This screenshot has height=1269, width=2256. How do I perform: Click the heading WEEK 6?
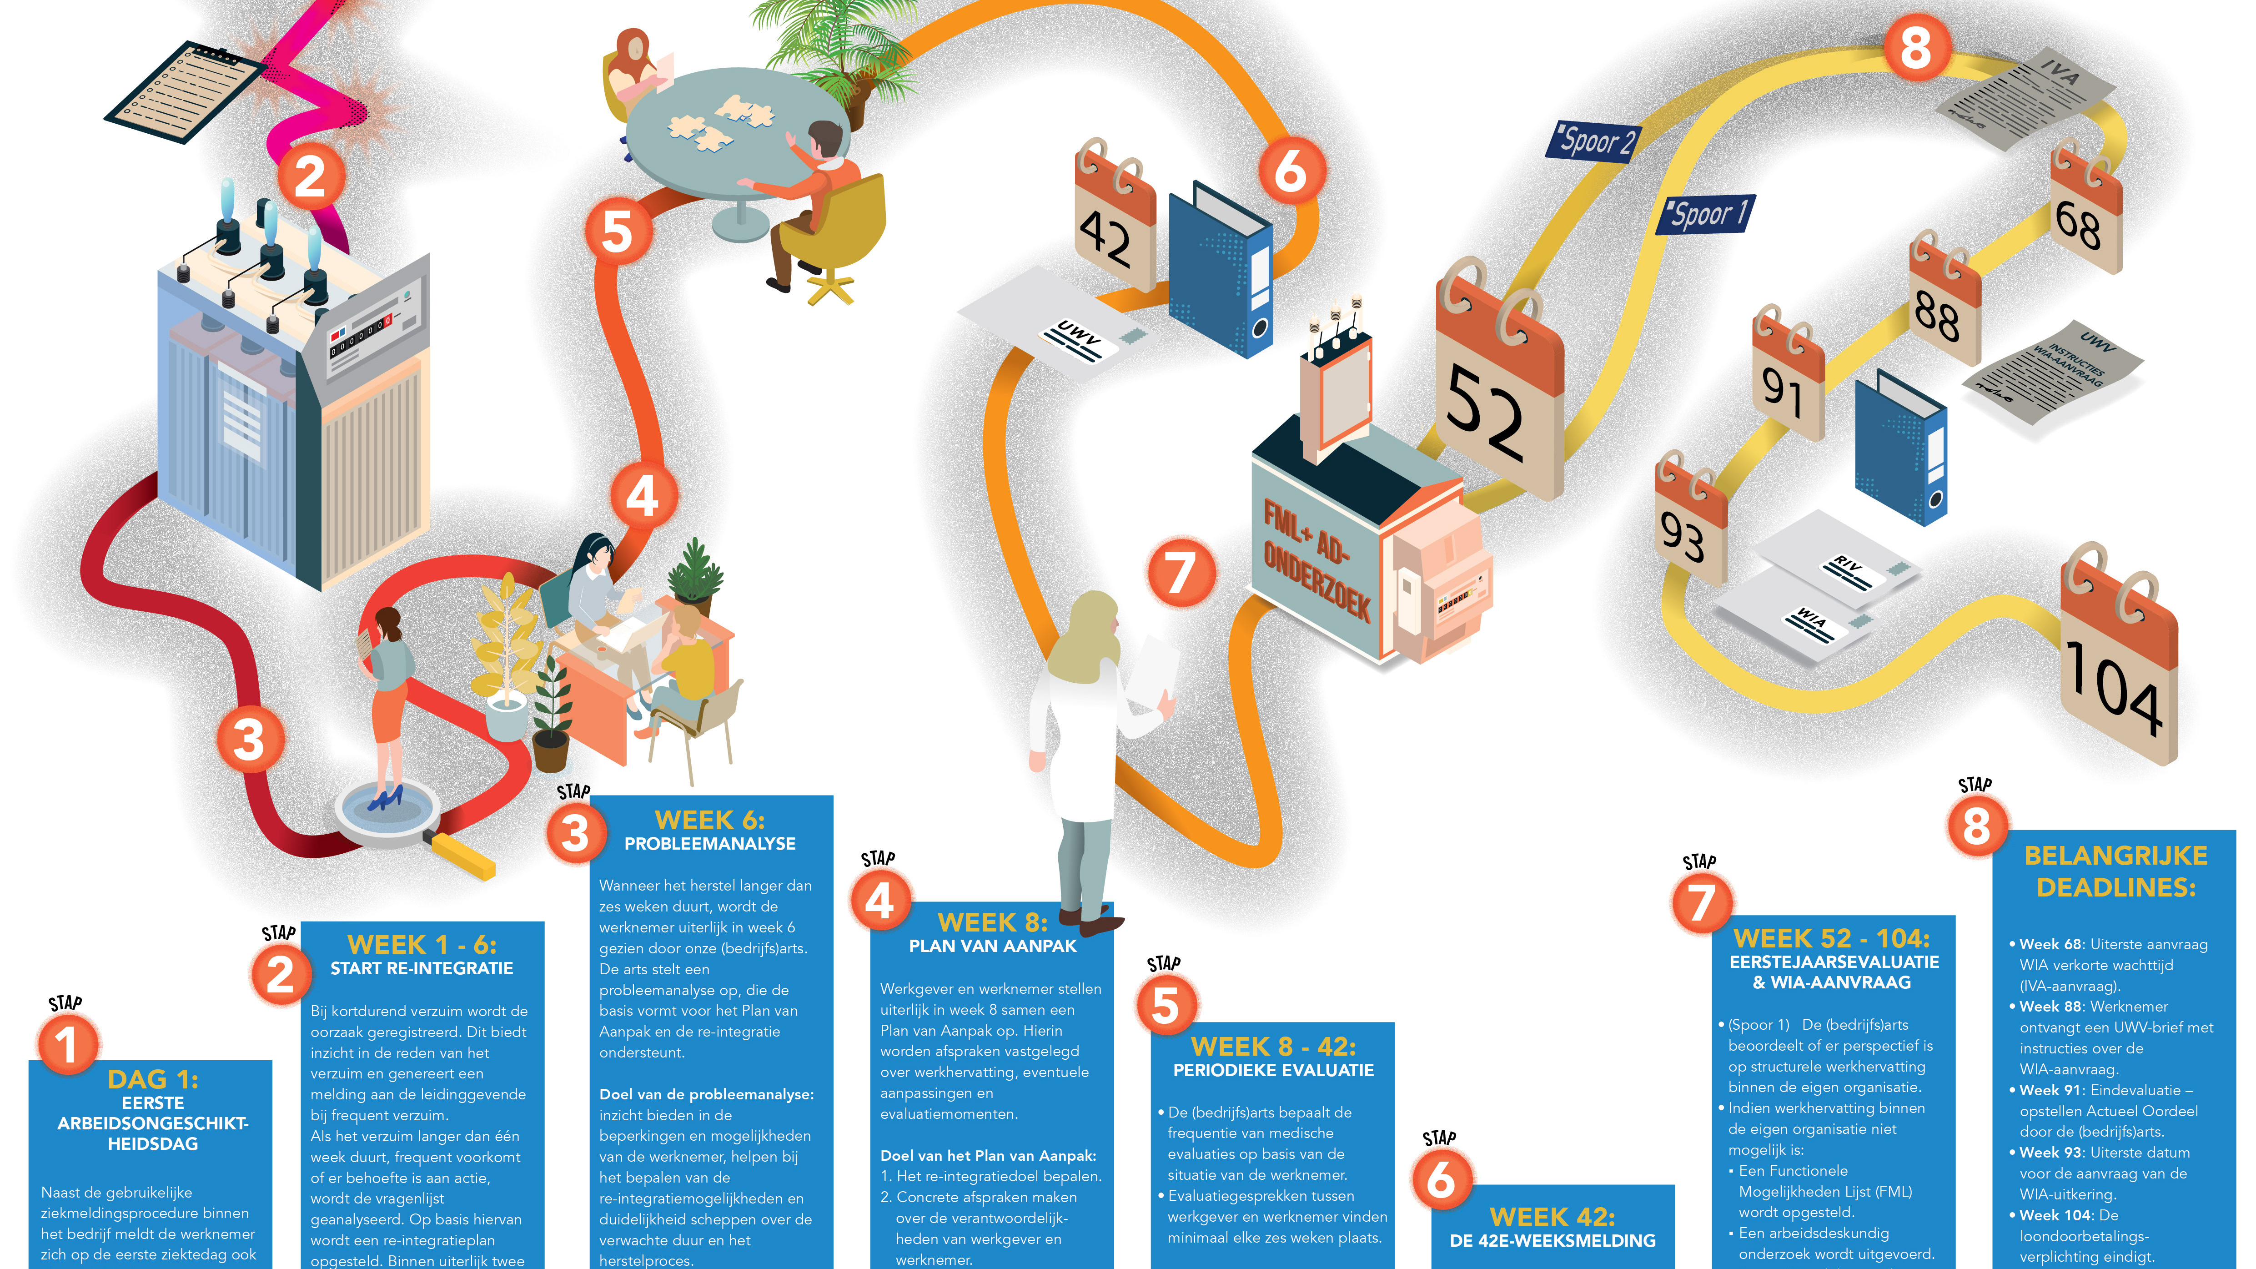coord(709,821)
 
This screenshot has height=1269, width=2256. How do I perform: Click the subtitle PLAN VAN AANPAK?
coord(992,946)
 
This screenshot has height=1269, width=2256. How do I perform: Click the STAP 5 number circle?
coord(1166,1005)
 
